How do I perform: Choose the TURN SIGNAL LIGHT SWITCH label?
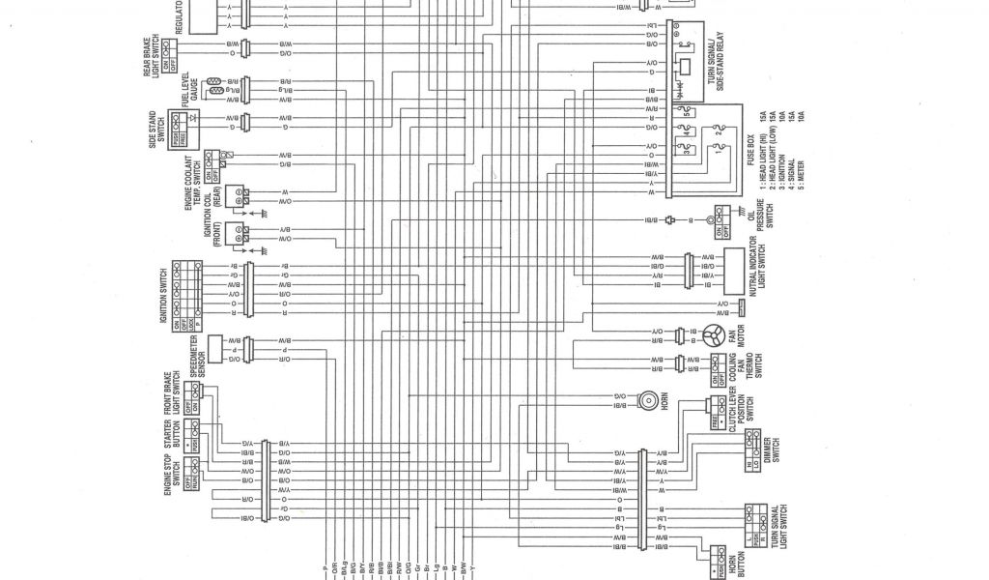click(777, 527)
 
